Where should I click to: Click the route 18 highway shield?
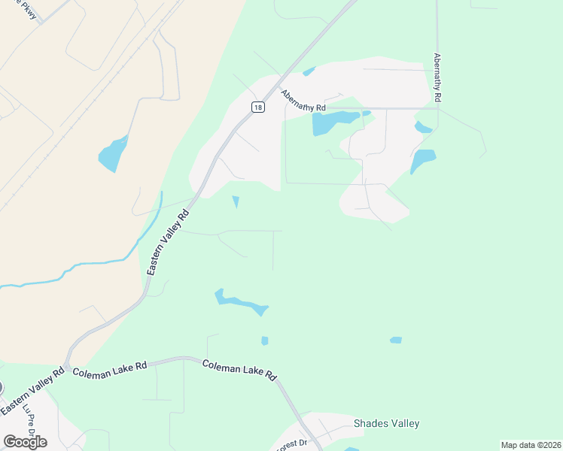[x=258, y=107]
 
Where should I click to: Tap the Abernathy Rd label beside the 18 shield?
[x=303, y=101]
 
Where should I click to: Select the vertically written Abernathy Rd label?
[x=437, y=77]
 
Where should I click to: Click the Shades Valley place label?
[x=386, y=424]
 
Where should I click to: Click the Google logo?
[x=25, y=441]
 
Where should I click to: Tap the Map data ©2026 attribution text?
[x=531, y=445]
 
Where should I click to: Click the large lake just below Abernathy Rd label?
[x=334, y=122]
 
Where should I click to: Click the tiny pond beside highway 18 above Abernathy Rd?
[x=309, y=72]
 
